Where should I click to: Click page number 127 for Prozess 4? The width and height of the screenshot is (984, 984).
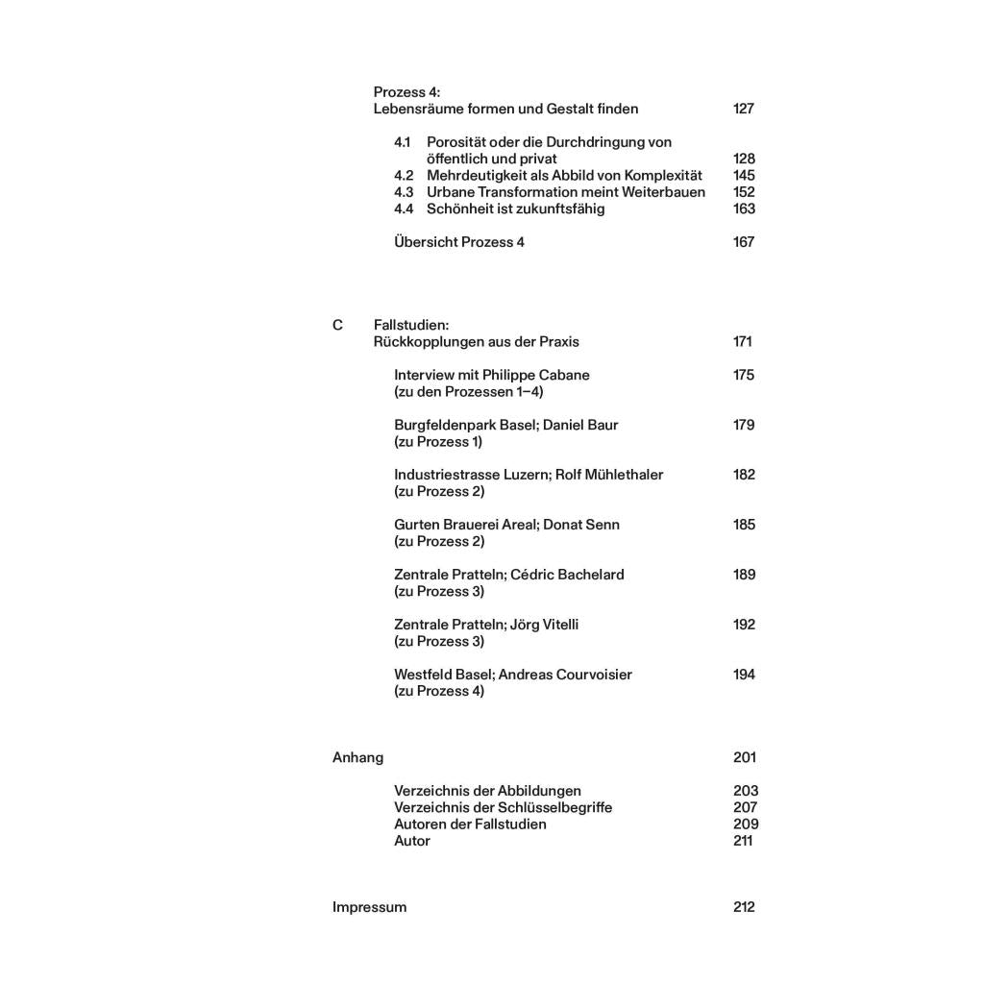tap(743, 109)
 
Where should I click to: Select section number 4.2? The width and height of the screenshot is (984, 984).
tap(404, 175)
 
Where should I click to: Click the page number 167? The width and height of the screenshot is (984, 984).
tap(743, 242)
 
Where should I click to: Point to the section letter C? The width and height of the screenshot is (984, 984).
tap(337, 326)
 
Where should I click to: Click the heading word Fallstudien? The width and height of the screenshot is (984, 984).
tap(411, 326)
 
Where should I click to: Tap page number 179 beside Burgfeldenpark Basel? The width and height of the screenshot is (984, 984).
tap(743, 425)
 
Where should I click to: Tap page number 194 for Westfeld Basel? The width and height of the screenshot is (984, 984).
tap(743, 675)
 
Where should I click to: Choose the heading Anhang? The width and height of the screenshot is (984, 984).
tap(357, 757)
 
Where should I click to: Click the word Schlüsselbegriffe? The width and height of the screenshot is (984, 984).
tap(555, 807)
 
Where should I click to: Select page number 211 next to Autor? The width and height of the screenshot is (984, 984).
tap(742, 841)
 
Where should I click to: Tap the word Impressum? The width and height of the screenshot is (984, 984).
tap(369, 907)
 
